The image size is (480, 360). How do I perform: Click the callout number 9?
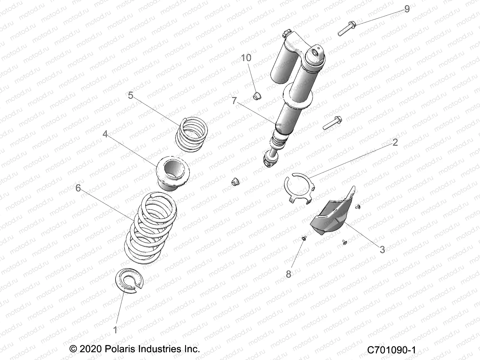407,9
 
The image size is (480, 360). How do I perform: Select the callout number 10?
246,58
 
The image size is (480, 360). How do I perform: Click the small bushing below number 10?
256,97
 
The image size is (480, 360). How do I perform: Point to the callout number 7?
234,101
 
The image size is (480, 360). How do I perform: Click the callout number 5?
130,95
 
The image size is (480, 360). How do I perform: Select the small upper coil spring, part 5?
196,134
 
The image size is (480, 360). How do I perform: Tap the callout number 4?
105,134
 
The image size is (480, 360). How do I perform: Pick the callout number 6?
78,188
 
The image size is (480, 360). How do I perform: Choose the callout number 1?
115,330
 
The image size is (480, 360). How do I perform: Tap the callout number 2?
395,142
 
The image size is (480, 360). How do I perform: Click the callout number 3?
382,250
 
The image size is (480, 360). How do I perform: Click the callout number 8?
288,274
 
